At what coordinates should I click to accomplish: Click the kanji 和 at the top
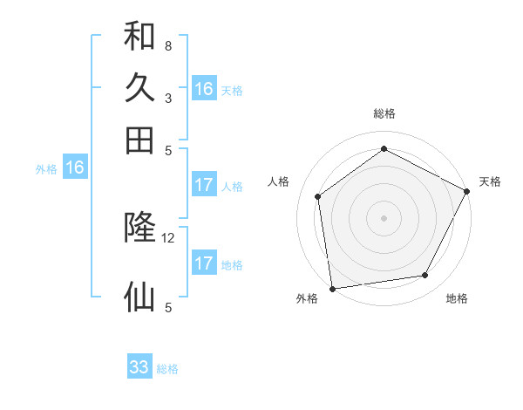point(139,37)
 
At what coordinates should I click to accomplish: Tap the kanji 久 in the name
point(139,88)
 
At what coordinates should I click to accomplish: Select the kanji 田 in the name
point(139,140)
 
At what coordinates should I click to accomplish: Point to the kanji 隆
point(139,229)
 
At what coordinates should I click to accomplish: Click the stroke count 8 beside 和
point(167,45)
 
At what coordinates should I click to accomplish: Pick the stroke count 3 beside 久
point(167,98)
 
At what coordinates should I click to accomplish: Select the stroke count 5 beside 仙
point(167,307)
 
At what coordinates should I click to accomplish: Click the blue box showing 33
point(139,367)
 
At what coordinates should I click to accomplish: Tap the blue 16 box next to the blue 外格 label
point(75,168)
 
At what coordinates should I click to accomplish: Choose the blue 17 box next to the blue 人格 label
point(204,185)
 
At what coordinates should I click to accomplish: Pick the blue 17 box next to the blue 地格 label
point(204,263)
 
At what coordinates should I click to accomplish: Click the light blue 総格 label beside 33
point(168,369)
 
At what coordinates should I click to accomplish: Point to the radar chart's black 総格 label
point(384,113)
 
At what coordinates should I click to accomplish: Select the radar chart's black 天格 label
point(490,181)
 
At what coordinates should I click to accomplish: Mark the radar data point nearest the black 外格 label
point(331,288)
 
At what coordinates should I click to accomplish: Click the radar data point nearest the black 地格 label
point(425,276)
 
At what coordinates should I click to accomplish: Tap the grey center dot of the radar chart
point(384,217)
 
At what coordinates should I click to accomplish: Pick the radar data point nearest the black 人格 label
point(318,196)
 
